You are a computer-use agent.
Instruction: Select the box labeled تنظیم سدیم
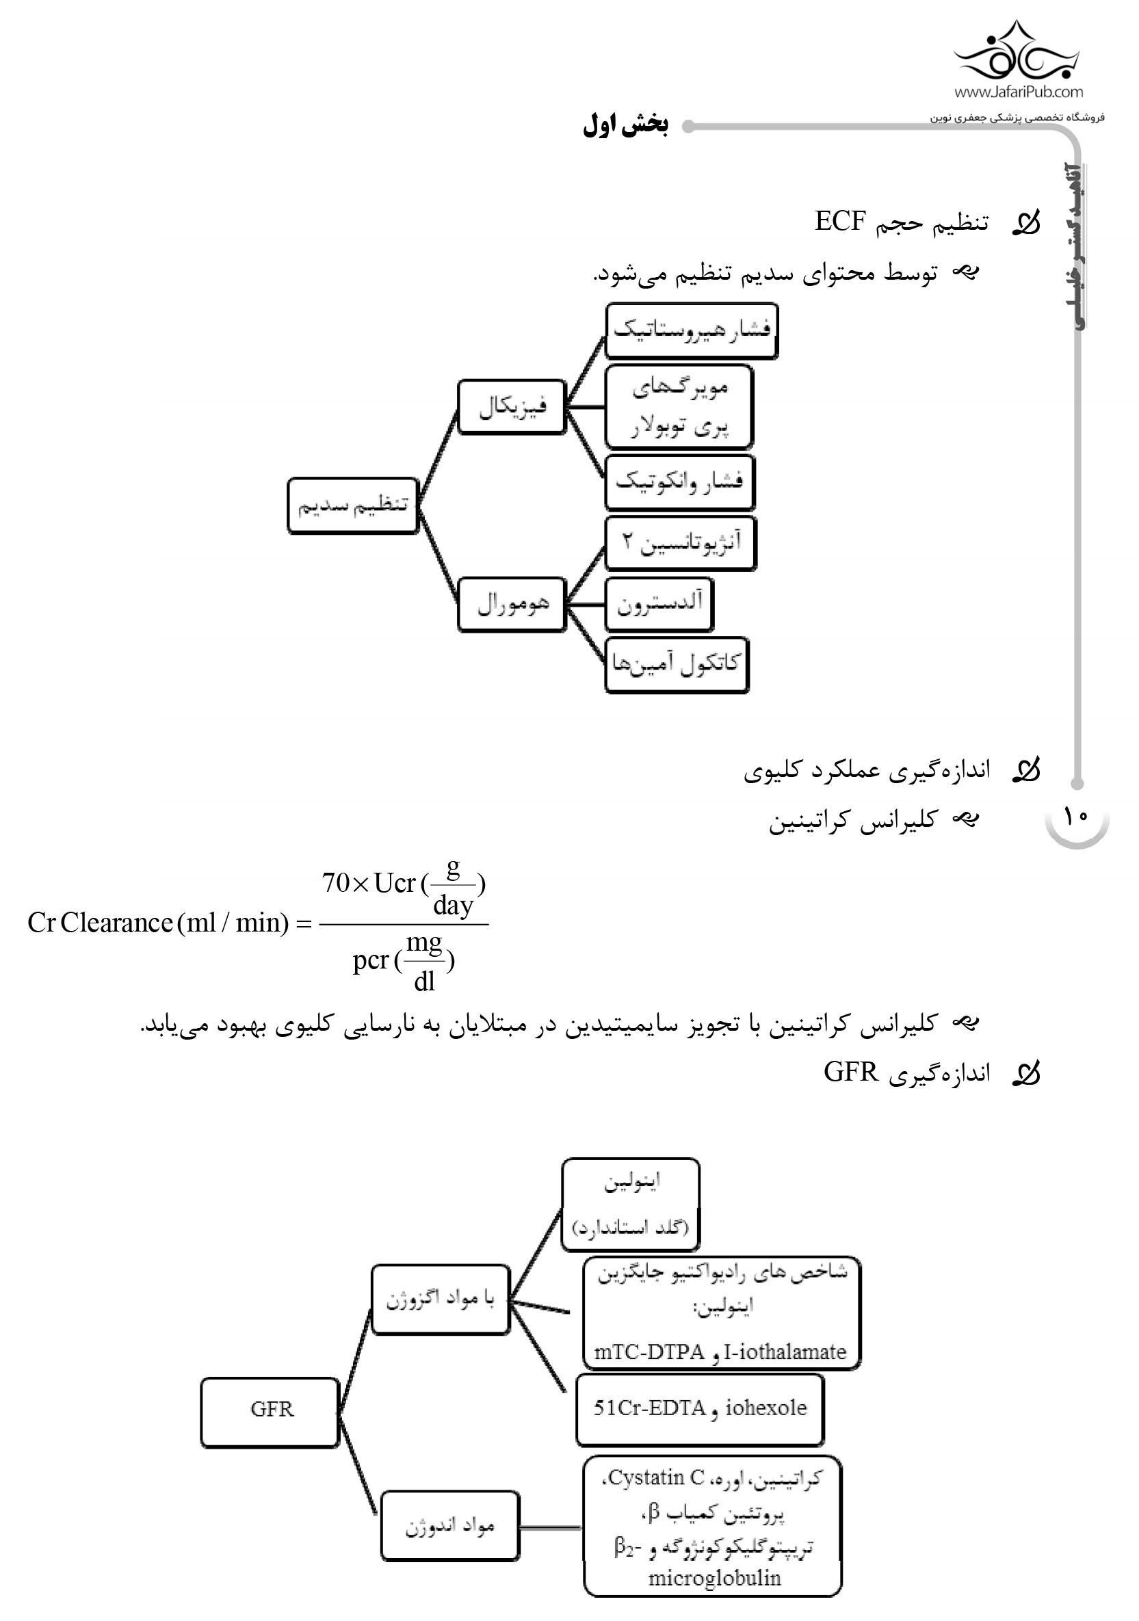tap(352, 505)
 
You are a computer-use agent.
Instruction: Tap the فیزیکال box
tap(511, 407)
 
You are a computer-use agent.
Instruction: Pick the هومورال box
tap(511, 605)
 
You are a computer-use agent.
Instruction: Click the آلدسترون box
tap(659, 605)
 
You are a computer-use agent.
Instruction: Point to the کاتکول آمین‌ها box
tap(676, 665)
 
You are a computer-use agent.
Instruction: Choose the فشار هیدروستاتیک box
tap(692, 330)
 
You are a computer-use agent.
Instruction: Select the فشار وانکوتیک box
tap(679, 482)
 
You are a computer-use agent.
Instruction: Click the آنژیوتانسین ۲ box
tap(680, 543)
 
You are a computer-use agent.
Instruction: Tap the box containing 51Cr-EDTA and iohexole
tap(699, 1408)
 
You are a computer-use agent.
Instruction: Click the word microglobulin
tap(714, 1579)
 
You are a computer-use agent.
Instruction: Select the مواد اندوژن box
tap(449, 1527)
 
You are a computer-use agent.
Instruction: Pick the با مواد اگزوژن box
tap(440, 1299)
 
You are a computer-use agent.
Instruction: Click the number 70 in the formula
tap(335, 882)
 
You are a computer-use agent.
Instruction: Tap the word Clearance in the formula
tap(116, 923)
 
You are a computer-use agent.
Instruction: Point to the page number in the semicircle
tap(1076, 817)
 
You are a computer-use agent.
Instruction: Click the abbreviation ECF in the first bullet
tap(839, 221)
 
